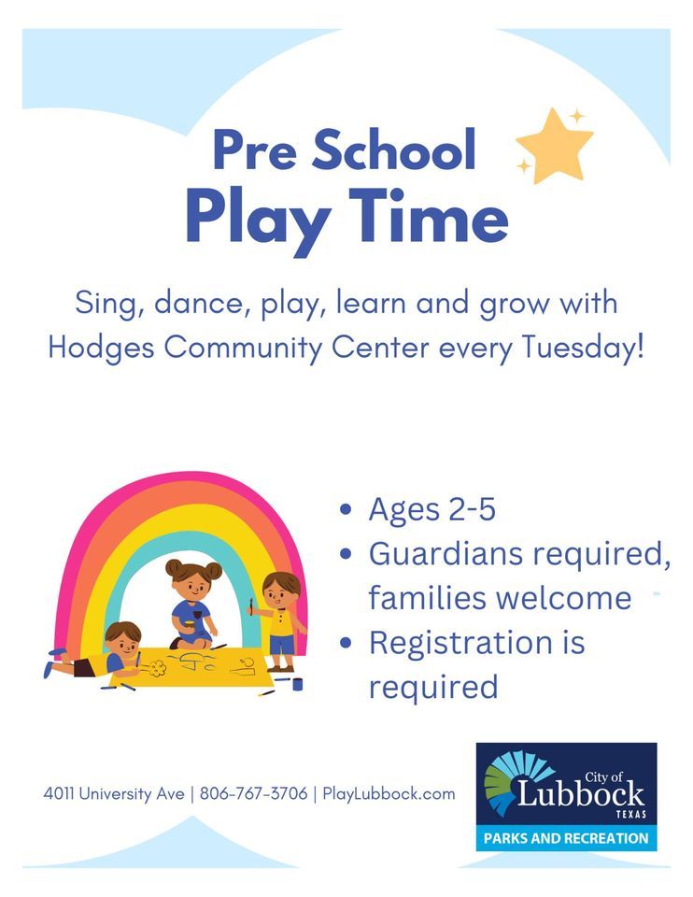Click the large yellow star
(x=555, y=148)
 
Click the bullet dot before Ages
(x=347, y=510)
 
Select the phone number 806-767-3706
(x=253, y=794)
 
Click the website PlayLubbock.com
(x=389, y=794)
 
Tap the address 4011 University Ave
(x=112, y=794)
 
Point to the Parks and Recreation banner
(x=566, y=838)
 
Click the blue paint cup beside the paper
(x=297, y=684)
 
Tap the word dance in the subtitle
(x=188, y=304)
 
